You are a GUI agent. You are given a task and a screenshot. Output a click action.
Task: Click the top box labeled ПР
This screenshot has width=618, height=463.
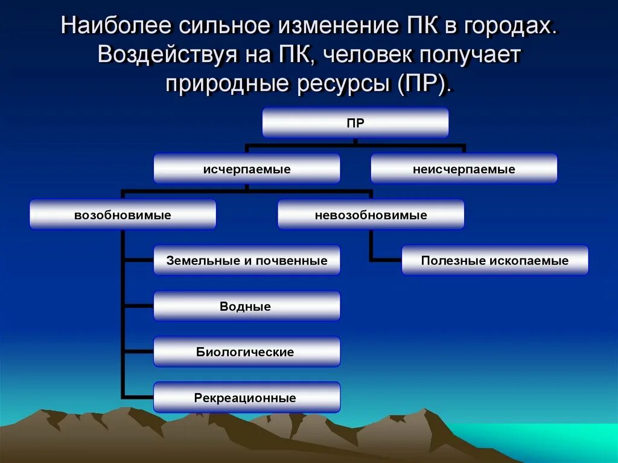pos(355,123)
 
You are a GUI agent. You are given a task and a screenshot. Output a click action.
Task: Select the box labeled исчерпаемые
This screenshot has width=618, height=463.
pos(246,169)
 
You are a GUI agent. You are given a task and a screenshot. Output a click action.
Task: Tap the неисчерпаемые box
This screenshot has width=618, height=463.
pos(463,169)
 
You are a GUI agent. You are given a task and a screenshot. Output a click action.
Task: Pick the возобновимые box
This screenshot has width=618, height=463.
pos(123,215)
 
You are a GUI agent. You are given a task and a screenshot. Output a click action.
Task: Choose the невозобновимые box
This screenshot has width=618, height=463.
pos(371,215)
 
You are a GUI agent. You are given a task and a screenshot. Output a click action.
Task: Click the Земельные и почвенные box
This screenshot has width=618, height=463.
pos(246,261)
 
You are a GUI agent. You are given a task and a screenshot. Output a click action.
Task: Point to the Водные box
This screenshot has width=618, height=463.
pos(246,307)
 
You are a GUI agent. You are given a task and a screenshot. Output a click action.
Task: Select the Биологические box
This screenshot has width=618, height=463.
pos(246,352)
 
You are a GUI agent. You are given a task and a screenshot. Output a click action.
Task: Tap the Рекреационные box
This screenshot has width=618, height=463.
pos(246,398)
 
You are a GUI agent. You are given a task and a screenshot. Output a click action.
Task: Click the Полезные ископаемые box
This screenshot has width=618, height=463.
pos(495,261)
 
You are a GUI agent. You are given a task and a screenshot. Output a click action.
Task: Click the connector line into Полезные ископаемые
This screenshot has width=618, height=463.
pos(386,261)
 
